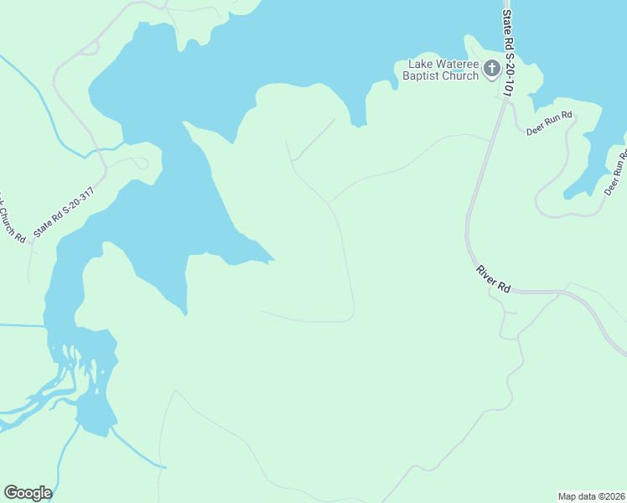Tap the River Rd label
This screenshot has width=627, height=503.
tap(493, 278)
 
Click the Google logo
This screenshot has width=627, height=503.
tap(28, 493)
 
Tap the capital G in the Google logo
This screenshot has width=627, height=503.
tap(12, 493)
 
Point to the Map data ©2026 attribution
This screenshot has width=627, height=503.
tap(591, 495)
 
